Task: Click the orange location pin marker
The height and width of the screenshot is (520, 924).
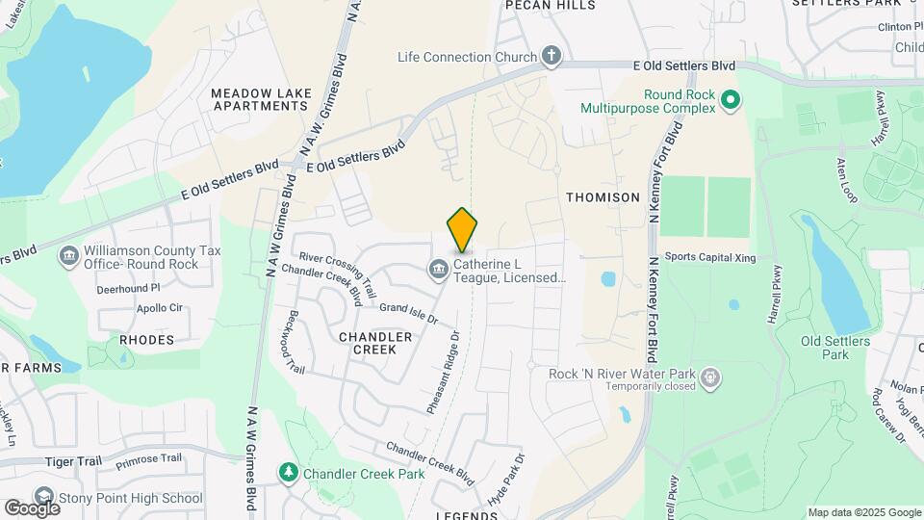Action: pyautogui.click(x=463, y=229)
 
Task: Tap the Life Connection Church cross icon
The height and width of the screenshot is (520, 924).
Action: pyautogui.click(x=552, y=56)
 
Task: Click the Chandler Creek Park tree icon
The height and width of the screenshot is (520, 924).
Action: pyautogui.click(x=288, y=472)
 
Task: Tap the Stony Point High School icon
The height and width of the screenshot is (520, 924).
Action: pyautogui.click(x=44, y=498)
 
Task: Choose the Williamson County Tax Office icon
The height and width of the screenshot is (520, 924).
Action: pyautogui.click(x=69, y=255)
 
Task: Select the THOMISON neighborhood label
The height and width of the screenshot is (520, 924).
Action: pyautogui.click(x=603, y=196)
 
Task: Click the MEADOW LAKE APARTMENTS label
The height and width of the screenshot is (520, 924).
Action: pyautogui.click(x=261, y=98)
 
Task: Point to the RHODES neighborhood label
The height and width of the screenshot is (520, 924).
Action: pyautogui.click(x=147, y=340)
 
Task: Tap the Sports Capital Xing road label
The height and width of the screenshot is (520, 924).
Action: pyautogui.click(x=710, y=257)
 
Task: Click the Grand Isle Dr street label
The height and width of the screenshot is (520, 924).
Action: pyautogui.click(x=408, y=312)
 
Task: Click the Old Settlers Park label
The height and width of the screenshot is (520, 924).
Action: pyautogui.click(x=835, y=348)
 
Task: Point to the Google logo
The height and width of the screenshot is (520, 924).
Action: pyautogui.click(x=32, y=507)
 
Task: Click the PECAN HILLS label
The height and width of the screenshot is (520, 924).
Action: pyautogui.click(x=552, y=5)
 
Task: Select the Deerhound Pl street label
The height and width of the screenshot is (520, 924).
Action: pyautogui.click(x=127, y=288)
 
